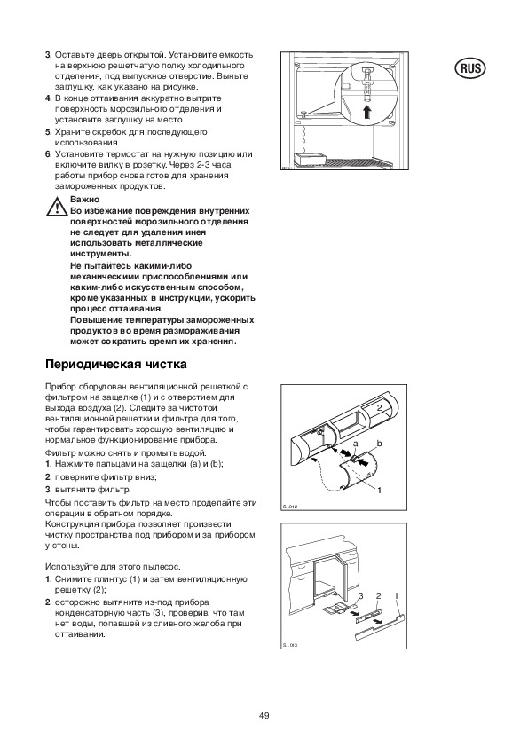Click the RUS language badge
(x=470, y=68)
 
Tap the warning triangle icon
(x=57, y=207)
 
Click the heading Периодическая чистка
(x=115, y=365)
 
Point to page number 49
(x=264, y=716)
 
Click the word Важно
(x=85, y=200)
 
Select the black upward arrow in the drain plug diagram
(x=366, y=114)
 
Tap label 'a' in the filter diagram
(x=355, y=444)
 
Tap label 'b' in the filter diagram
(x=379, y=444)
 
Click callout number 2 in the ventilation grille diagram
(x=379, y=407)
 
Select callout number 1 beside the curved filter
(x=379, y=490)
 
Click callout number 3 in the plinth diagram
(x=361, y=596)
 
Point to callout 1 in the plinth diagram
(x=397, y=596)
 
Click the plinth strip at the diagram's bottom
(x=380, y=626)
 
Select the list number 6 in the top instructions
(x=48, y=153)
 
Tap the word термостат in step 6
(x=114, y=154)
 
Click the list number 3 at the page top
(x=48, y=55)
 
